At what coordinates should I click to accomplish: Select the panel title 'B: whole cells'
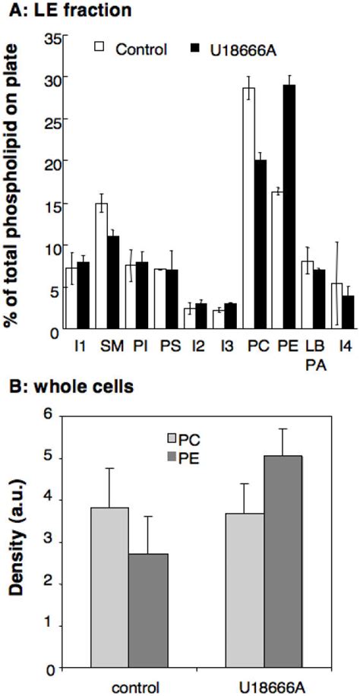(x=68, y=386)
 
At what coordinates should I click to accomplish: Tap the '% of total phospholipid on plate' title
(x=13, y=186)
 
